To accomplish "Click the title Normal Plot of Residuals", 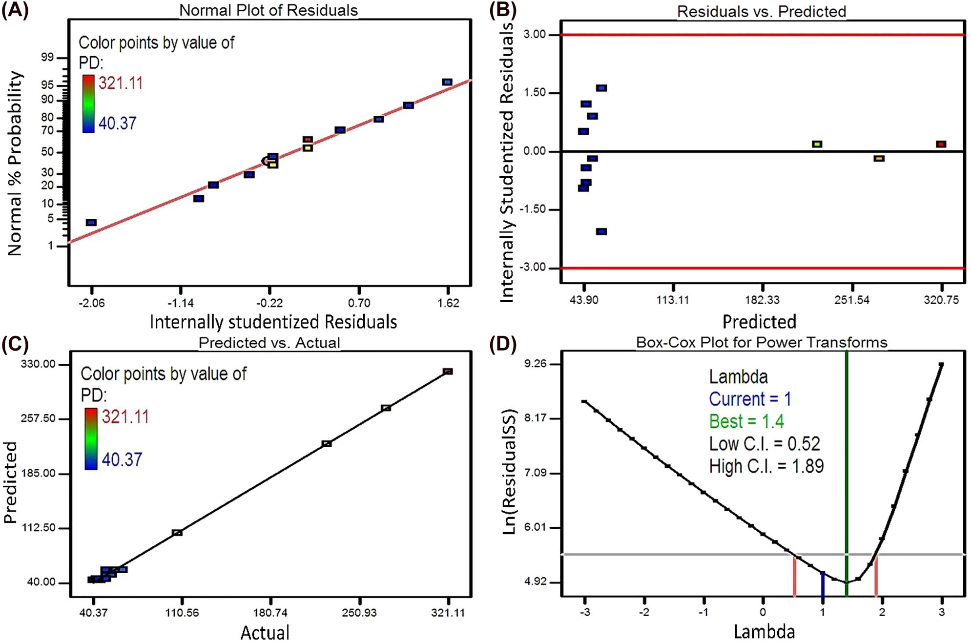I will [269, 10].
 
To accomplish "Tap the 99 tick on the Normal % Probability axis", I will [47, 58].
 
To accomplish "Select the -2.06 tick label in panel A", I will [92, 303].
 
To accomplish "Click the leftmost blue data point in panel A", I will [91, 223].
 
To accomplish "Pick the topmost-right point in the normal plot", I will [447, 82].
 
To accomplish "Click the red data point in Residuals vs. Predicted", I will [941, 144].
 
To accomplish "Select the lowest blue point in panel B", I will [601, 231].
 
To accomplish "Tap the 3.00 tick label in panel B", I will [535, 35].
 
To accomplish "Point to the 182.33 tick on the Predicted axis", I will [762, 300].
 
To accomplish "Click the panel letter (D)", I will [503, 344].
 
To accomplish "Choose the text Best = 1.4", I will [746, 421].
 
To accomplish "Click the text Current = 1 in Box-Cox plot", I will [749, 399].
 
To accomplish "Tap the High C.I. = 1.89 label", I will [766, 466].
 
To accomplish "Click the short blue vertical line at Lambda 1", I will [823, 584].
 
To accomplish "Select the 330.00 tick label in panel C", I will [38, 364].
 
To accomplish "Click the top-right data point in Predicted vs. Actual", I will [448, 372].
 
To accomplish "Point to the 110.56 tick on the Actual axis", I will [182, 613].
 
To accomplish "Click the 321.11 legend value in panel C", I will [125, 417].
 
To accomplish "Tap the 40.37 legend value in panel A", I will [117, 123].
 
